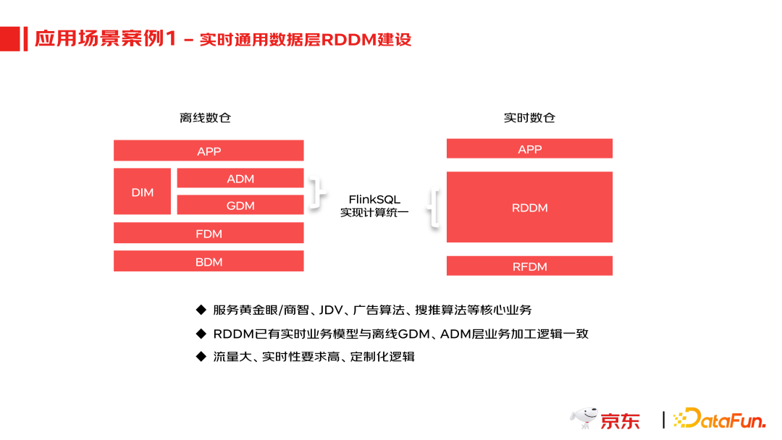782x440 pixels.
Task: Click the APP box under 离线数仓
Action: [209, 151]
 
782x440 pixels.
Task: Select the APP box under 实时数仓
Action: [529, 148]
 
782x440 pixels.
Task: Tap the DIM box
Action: [143, 192]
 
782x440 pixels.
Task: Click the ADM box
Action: [240, 178]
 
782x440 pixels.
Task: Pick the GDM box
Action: [240, 205]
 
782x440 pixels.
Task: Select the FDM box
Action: [209, 233]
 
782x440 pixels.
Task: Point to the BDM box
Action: [209, 261]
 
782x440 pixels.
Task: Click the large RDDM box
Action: [529, 207]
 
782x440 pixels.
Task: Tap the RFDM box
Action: [529, 266]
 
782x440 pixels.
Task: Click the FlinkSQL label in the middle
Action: [374, 199]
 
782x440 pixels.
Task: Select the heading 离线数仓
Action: [205, 117]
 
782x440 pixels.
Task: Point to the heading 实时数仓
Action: [529, 117]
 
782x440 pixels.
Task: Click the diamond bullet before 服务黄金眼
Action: [201, 310]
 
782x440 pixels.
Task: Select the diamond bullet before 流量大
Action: [201, 356]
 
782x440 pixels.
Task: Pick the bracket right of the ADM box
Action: [314, 191]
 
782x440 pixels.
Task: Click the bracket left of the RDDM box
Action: [434, 208]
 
